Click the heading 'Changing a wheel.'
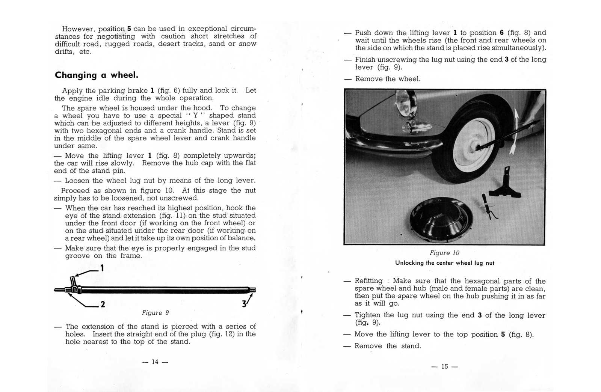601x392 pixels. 97,75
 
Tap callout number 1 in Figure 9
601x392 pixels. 101,268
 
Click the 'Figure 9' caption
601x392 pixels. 155,313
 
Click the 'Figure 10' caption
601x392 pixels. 444,253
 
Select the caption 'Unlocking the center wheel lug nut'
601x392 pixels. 444,263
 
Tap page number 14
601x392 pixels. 155,362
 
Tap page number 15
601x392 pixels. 445,366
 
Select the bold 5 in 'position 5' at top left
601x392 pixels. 129,29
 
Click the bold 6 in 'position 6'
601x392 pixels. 501,33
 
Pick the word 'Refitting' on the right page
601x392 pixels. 368,281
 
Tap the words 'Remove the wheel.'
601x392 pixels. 388,79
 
